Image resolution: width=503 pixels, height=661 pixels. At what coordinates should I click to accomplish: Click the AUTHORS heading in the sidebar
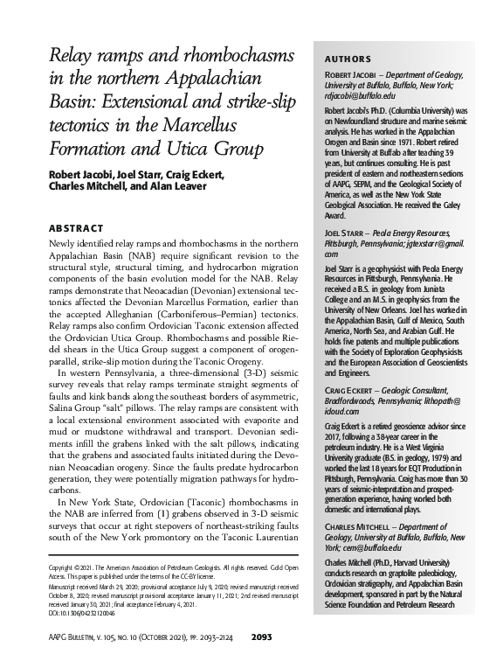[347, 59]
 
